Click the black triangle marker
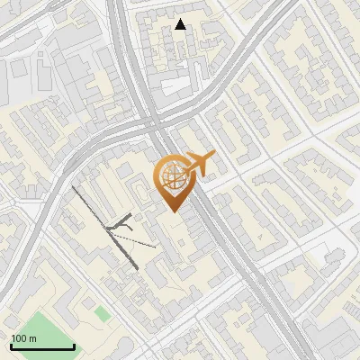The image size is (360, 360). point(181,25)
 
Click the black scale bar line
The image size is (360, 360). point(42,346)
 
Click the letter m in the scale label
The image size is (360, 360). point(32,338)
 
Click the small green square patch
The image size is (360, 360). point(103,313)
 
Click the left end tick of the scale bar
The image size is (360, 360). point(11,346)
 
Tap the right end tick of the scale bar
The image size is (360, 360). point(74,346)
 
